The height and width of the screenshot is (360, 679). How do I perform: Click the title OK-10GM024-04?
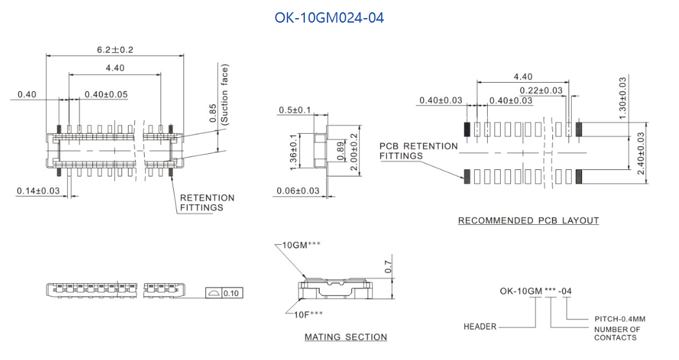pos(329,18)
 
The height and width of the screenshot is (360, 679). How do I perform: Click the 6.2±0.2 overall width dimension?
pos(115,50)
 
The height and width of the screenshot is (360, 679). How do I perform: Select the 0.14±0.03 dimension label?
pos(38,190)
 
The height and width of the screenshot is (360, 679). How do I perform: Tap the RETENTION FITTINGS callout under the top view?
pos(207,202)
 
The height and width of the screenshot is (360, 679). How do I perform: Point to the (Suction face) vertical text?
pos(225,94)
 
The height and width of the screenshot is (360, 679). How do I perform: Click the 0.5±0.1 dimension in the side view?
pos(295,110)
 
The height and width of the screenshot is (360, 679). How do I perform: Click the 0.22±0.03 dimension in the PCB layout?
pos(541,90)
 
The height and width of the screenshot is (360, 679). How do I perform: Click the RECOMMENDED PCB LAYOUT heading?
pos(528,220)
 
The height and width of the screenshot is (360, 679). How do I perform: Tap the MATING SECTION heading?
pos(346,337)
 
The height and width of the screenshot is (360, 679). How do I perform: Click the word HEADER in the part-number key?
pos(480,326)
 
